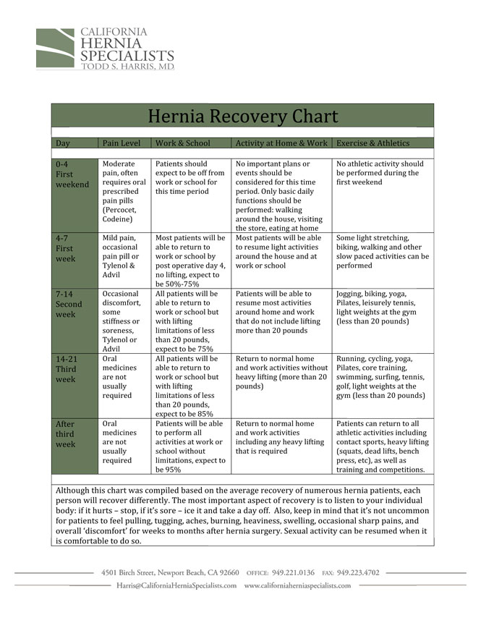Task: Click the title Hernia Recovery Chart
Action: pos(242,116)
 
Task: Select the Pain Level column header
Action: pos(122,143)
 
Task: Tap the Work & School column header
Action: pos(183,143)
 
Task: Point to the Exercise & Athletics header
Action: pos(373,143)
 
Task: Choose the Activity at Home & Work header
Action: pos(281,143)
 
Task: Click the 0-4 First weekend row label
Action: pos(72,174)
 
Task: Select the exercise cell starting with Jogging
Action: pos(382,308)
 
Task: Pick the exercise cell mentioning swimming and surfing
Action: pos(382,377)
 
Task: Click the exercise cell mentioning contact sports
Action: pos(382,446)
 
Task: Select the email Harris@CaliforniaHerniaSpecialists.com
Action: pos(176,585)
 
